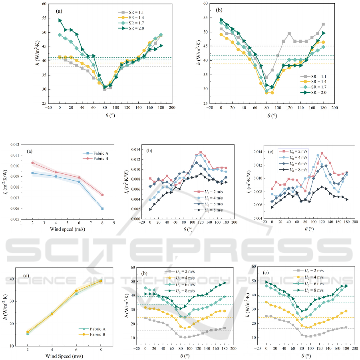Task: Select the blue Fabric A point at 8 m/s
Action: [x=103, y=209]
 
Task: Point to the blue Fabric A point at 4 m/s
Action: [x=56, y=176]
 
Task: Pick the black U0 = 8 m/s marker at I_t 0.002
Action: [x=150, y=209]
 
